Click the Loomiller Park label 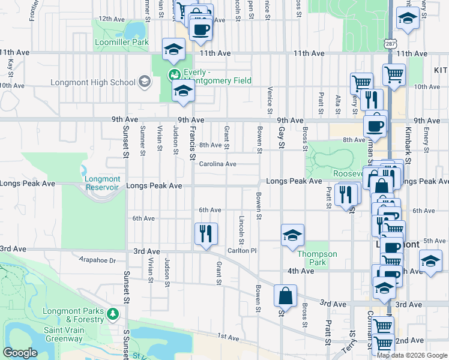click(x=121, y=43)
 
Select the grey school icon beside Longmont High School click(x=144, y=82)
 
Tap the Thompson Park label click(x=318, y=258)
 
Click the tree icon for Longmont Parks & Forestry click(x=112, y=314)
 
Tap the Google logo click(x=20, y=353)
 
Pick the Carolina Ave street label click(x=217, y=164)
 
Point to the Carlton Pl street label click(x=242, y=250)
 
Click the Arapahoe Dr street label click(x=97, y=260)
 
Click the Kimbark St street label click(x=407, y=151)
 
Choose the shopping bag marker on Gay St click(x=285, y=296)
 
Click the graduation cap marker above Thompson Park click(x=292, y=235)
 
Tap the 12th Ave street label click(x=111, y=19)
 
